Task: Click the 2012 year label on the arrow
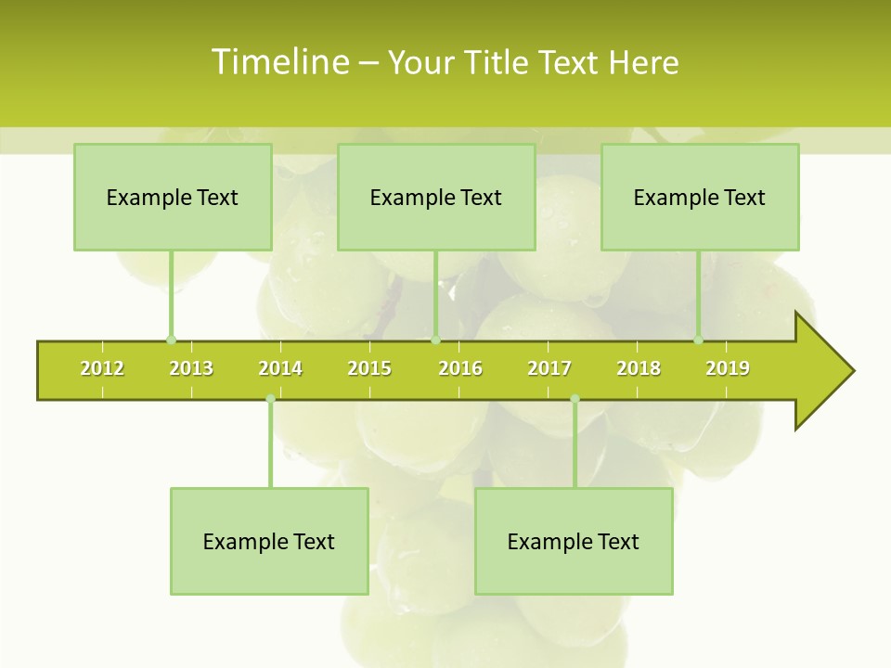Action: [x=102, y=368]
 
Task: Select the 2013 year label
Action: [x=191, y=368]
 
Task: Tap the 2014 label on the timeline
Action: [x=280, y=368]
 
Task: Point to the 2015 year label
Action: [x=369, y=368]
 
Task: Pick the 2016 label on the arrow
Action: [x=460, y=368]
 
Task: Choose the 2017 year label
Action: [x=549, y=368]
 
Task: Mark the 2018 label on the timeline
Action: [x=639, y=368]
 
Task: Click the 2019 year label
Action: [x=728, y=368]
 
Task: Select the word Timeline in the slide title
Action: [x=279, y=62]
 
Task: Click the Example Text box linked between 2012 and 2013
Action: [x=173, y=197]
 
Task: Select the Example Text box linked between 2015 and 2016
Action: [x=436, y=197]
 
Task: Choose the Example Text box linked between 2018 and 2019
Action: [x=700, y=197]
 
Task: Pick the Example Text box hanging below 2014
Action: [x=269, y=541]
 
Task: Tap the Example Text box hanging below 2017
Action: [x=574, y=541]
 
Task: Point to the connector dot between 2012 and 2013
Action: [x=171, y=340]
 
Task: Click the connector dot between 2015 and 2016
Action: [x=435, y=340]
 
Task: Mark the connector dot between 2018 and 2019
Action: [x=699, y=340]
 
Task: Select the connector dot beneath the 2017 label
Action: [x=575, y=399]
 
